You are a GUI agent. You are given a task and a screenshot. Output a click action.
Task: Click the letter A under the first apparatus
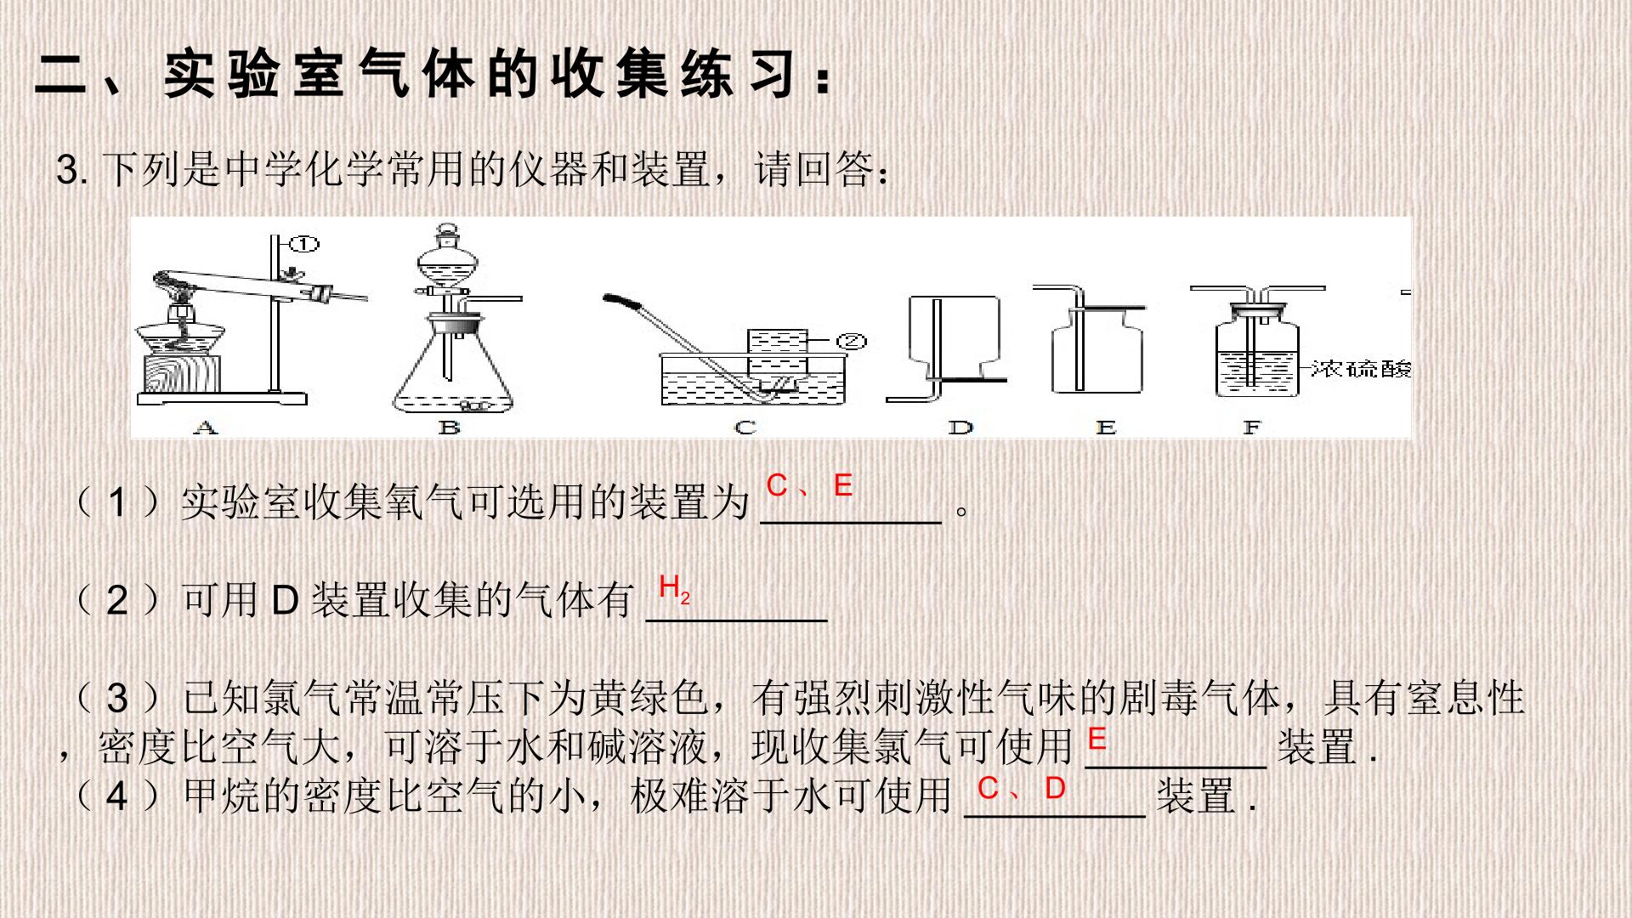click(x=205, y=427)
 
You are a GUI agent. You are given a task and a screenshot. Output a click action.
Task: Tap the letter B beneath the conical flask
click(x=450, y=427)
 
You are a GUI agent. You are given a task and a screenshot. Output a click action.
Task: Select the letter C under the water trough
click(x=745, y=427)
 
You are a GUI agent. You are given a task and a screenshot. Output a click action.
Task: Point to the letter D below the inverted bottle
click(x=960, y=427)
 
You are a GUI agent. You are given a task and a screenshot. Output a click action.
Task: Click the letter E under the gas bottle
click(x=1106, y=427)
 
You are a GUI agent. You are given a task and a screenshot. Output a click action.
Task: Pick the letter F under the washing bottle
click(x=1251, y=427)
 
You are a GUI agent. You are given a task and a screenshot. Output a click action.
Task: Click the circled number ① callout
click(x=303, y=245)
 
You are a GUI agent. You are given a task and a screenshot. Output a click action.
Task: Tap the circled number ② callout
click(x=851, y=342)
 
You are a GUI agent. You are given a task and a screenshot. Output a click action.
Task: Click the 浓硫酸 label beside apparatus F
click(x=1361, y=368)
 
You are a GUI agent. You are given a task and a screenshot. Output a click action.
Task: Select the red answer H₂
click(x=674, y=587)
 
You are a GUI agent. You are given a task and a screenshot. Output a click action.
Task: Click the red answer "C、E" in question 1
click(x=809, y=485)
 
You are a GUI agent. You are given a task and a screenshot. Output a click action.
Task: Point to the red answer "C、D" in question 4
click(x=1021, y=788)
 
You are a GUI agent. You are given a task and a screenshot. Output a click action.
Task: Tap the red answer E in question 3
click(x=1096, y=739)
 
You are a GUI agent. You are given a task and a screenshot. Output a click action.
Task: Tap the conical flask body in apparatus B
click(x=453, y=370)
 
